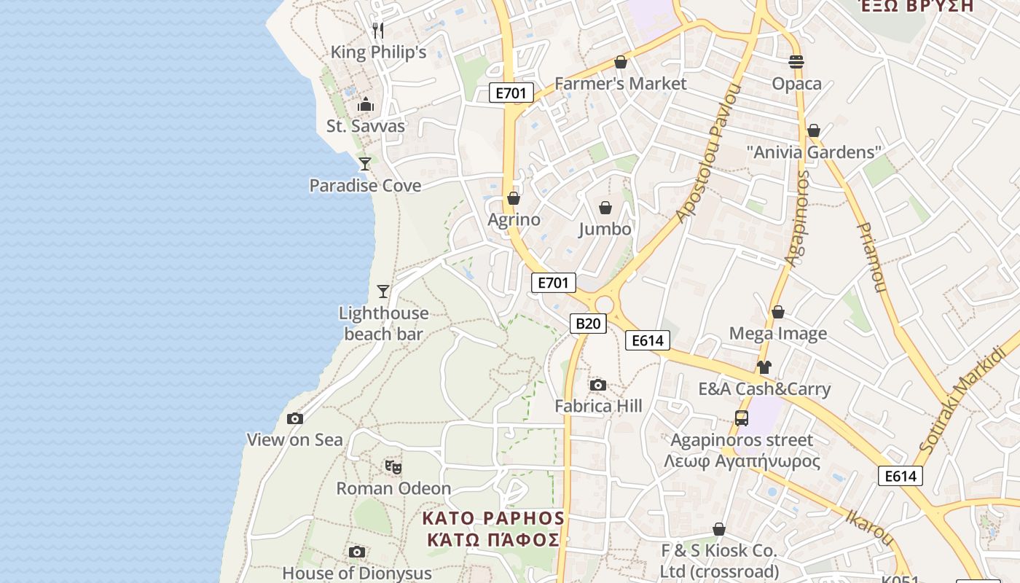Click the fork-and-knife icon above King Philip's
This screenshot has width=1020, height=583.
377,30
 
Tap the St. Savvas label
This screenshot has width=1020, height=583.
365,126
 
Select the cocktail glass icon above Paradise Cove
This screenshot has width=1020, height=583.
365,164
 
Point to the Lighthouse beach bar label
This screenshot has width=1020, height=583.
383,324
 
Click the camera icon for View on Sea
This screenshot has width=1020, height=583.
295,418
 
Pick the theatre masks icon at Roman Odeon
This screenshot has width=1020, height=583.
393,466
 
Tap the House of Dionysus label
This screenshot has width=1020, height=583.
357,574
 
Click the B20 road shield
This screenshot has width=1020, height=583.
588,324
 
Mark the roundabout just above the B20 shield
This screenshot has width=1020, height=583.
604,304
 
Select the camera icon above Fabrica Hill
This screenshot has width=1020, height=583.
598,385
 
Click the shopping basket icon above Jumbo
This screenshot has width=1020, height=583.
605,208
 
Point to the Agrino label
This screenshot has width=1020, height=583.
514,219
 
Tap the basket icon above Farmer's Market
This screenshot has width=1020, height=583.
621,63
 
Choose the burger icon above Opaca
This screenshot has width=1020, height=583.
796,63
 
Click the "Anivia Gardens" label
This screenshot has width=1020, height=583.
814,152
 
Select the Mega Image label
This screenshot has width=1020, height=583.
778,334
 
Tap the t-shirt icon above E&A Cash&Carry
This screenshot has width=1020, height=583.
764,367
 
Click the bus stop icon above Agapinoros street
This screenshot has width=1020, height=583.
742,418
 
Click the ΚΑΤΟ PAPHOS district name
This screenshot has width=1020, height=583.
494,518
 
